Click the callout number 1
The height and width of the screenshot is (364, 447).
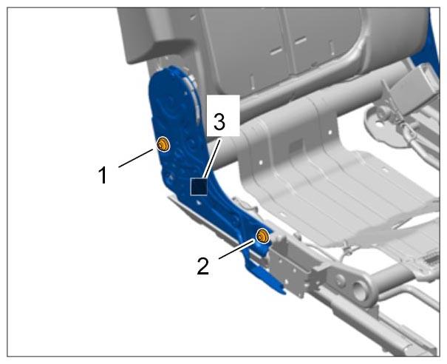tap(103, 175)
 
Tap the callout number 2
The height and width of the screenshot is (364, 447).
tap(203, 266)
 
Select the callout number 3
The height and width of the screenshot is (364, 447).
tap(219, 121)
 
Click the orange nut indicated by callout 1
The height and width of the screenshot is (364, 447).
tap(163, 144)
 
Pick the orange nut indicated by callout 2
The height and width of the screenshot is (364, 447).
tap(262, 236)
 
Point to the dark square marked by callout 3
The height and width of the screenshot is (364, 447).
tap(199, 186)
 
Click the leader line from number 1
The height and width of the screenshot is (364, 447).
tap(136, 158)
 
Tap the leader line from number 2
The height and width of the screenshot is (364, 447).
tap(236, 249)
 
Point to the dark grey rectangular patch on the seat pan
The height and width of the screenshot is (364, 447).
tap(296, 146)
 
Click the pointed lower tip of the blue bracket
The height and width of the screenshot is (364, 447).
tap(284, 292)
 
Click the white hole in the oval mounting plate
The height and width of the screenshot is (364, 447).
tap(380, 124)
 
